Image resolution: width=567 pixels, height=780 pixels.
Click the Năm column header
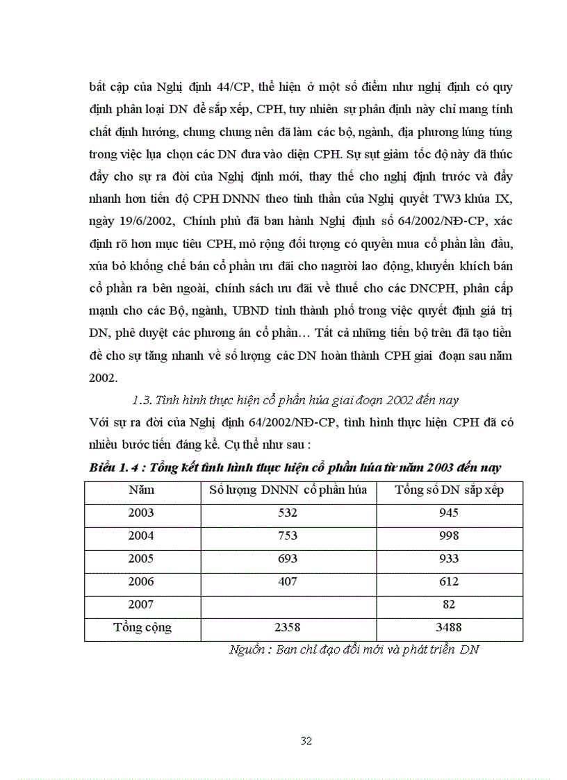[142, 490]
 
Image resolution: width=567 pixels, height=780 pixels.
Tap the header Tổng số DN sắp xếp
[449, 490]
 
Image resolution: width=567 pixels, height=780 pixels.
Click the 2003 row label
[142, 513]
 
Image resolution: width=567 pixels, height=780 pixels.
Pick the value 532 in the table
[287, 513]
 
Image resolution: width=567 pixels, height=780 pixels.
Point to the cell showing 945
[449, 513]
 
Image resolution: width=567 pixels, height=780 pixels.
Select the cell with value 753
[287, 536]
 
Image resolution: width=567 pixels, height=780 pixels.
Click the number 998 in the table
[449, 536]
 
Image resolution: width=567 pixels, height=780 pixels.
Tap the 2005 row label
[142, 558]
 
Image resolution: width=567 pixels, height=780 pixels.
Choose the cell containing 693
[287, 558]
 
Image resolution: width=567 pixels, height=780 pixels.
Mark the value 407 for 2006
[287, 581]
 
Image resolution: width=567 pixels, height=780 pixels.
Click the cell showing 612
[449, 581]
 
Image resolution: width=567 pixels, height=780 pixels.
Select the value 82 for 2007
[449, 604]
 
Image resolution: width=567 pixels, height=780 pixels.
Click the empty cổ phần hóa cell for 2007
[287, 604]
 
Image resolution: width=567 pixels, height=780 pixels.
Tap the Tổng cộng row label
[142, 628]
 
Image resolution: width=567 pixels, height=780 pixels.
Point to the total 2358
[287, 628]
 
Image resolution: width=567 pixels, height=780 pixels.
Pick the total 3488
[449, 628]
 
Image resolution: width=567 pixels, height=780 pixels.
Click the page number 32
[306, 740]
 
